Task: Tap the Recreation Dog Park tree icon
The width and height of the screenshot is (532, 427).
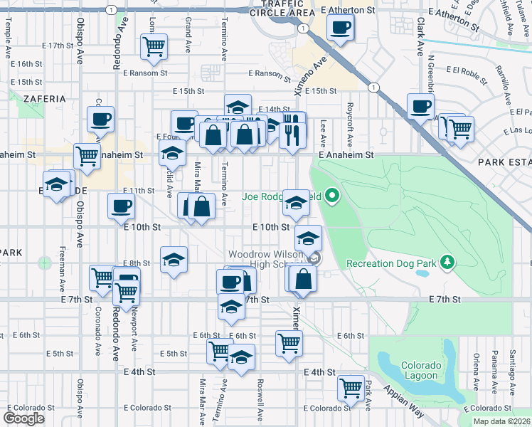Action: [x=447, y=263]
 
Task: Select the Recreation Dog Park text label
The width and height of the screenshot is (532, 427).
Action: [x=390, y=264]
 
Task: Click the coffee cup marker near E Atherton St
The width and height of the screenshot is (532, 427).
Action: [x=340, y=28]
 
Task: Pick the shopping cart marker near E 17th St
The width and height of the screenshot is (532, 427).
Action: [x=154, y=47]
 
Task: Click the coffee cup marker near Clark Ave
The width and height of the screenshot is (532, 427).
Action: [x=420, y=107]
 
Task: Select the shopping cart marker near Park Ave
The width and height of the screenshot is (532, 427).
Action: [x=351, y=387]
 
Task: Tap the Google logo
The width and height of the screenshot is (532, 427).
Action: [x=23, y=418]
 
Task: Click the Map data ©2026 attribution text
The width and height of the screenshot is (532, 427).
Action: [x=501, y=421]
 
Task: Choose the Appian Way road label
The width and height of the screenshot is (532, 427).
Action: [x=404, y=402]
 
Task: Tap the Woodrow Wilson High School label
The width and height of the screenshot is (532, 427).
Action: [x=267, y=260]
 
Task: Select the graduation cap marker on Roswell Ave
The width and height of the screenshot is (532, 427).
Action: [x=242, y=357]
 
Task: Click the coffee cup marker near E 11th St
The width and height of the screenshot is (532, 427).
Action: [x=121, y=207]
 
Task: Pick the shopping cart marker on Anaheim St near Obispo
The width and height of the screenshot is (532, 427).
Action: [x=87, y=156]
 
